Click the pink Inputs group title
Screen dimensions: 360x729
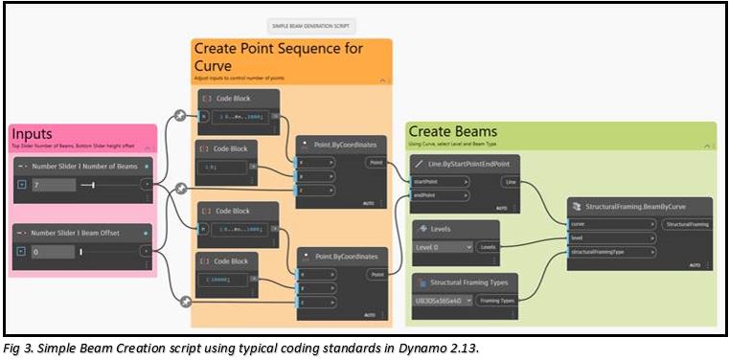[33, 135]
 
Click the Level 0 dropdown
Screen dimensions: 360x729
[442, 246]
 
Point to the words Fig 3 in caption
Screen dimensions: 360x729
[15, 348]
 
